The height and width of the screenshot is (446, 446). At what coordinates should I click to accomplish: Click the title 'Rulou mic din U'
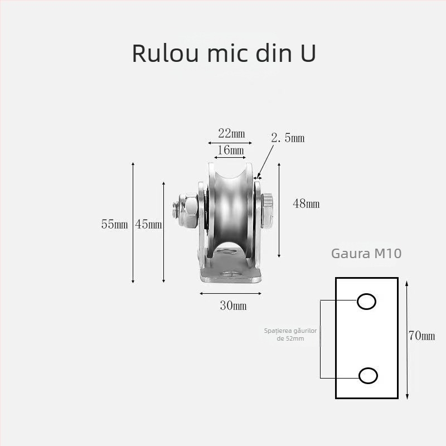224,52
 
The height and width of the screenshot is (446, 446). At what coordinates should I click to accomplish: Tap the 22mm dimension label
231,133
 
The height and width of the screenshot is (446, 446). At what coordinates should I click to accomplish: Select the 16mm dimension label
231,151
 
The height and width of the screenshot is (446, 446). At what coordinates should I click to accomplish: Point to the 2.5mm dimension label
288,138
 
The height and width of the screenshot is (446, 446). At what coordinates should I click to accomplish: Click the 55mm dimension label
114,225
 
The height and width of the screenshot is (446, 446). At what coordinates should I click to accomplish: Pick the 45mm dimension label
148,225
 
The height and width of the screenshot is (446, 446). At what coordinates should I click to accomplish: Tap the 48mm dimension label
306,204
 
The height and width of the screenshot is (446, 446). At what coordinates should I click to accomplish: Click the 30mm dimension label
232,306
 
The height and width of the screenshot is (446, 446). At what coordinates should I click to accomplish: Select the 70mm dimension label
421,336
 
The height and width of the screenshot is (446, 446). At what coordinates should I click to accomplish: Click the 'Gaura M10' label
366,254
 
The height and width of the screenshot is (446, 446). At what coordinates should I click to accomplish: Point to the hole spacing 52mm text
290,334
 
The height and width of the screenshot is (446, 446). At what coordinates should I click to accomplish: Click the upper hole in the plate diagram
366,302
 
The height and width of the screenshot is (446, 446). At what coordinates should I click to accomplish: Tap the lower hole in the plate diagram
368,376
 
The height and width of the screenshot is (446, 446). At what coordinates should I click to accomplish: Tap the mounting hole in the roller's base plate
230,274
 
